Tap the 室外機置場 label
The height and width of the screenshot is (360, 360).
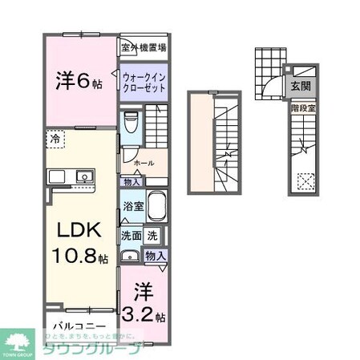144,47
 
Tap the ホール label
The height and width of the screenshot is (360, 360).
144,163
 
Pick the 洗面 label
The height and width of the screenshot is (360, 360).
131,237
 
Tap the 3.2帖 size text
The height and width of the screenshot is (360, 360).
144,313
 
